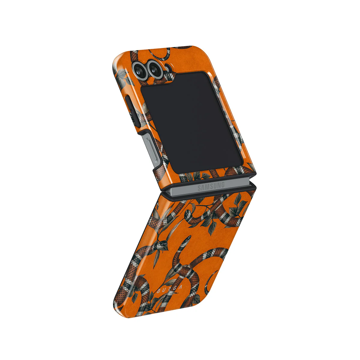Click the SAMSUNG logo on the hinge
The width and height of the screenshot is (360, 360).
point(211,186)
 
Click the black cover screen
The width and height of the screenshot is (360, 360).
point(191,122)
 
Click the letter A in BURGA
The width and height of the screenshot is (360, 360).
point(180,287)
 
